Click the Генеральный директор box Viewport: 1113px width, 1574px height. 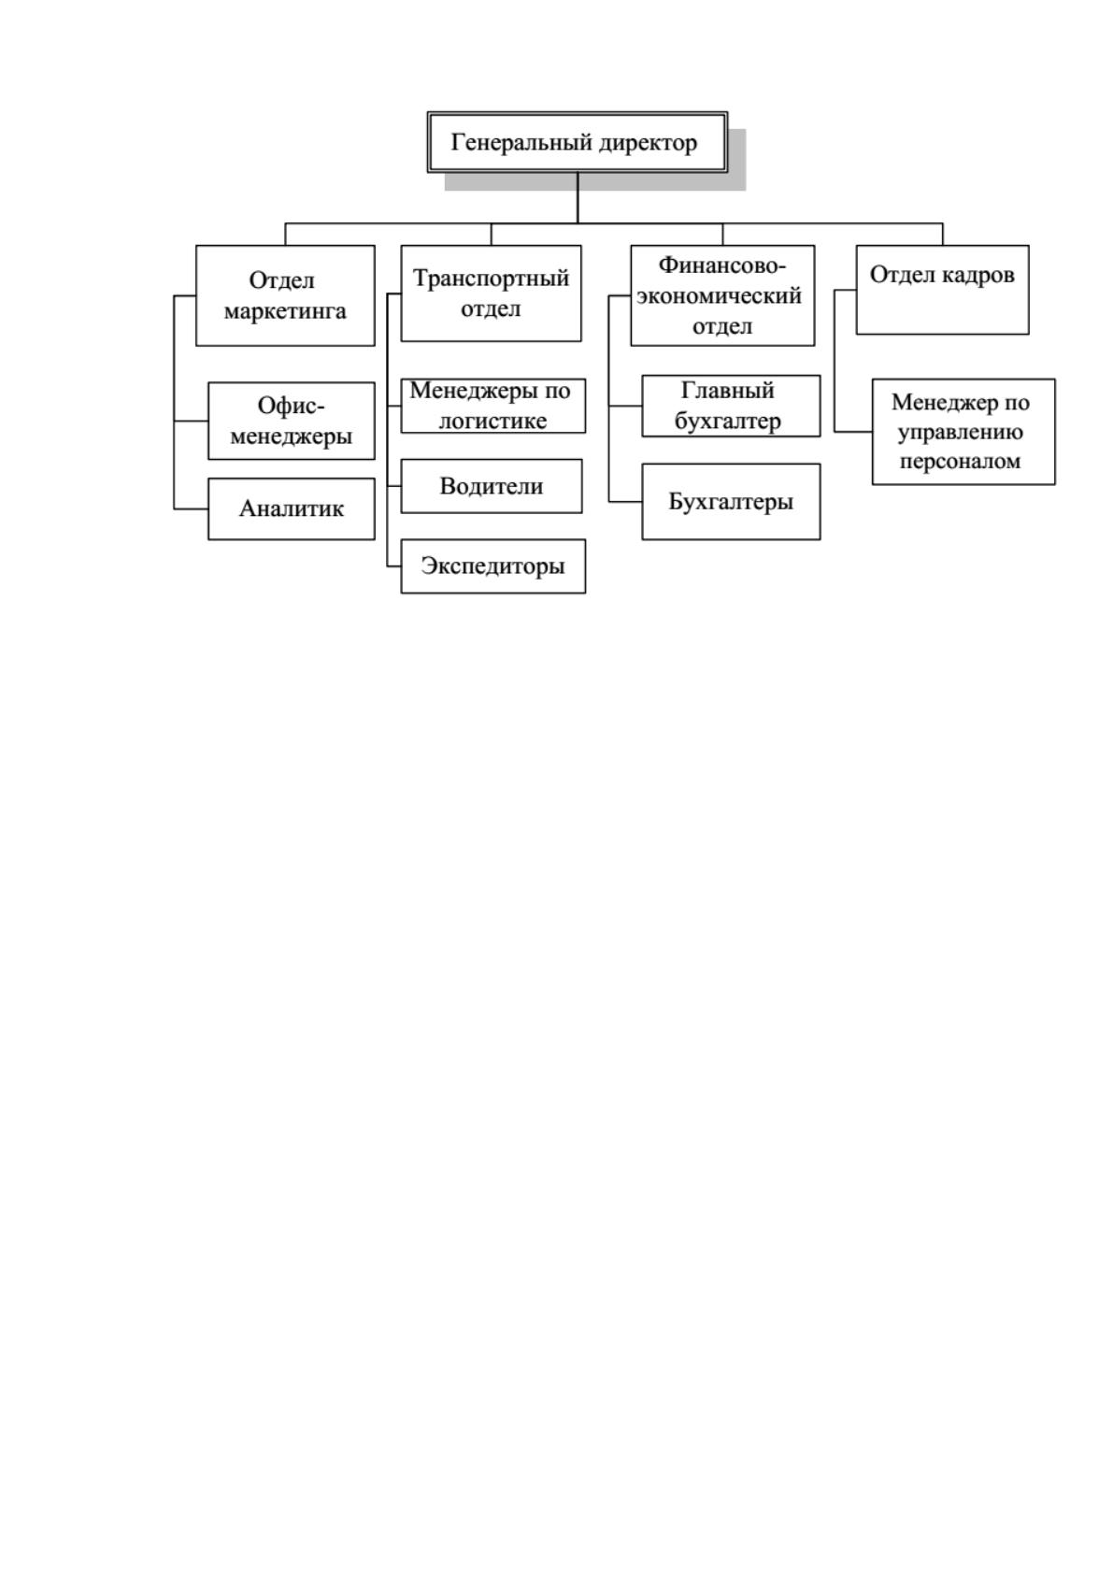click(577, 142)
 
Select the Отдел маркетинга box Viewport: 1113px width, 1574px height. click(285, 295)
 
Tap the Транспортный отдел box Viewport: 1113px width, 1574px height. click(492, 293)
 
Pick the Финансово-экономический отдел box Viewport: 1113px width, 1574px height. click(722, 295)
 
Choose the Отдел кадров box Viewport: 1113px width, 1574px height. click(942, 290)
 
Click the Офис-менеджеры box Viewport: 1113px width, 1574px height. click(292, 421)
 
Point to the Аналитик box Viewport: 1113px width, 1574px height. click(292, 509)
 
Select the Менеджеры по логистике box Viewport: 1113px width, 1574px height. click(493, 407)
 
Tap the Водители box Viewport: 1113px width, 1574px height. click(492, 486)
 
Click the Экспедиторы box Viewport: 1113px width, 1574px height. click(493, 566)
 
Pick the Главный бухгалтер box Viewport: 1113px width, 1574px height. click(731, 407)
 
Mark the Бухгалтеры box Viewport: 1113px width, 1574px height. click(731, 502)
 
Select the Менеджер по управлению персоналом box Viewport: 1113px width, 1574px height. click(963, 432)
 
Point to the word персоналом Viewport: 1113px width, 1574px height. click(960, 463)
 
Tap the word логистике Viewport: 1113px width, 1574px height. click(492, 421)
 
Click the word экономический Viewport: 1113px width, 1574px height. click(719, 296)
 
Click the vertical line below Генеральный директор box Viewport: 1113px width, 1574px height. click(578, 198)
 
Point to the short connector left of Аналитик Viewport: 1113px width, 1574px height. click(192, 508)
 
